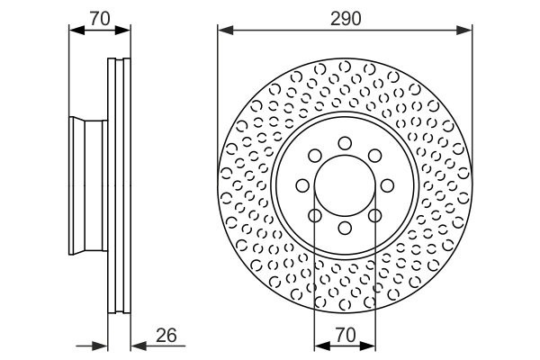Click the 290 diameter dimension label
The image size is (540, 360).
click(x=345, y=18)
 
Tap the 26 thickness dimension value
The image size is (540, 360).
click(x=165, y=336)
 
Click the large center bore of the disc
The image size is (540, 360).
click(x=345, y=185)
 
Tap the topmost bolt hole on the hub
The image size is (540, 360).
click(x=345, y=142)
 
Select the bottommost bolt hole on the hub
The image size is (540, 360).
click(x=345, y=229)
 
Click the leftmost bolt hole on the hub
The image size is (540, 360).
click(x=302, y=185)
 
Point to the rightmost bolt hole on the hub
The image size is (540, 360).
click(x=388, y=185)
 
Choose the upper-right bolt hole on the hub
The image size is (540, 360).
click(x=375, y=155)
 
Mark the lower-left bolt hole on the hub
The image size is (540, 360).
click(x=314, y=216)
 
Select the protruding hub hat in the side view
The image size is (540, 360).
click(x=87, y=185)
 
